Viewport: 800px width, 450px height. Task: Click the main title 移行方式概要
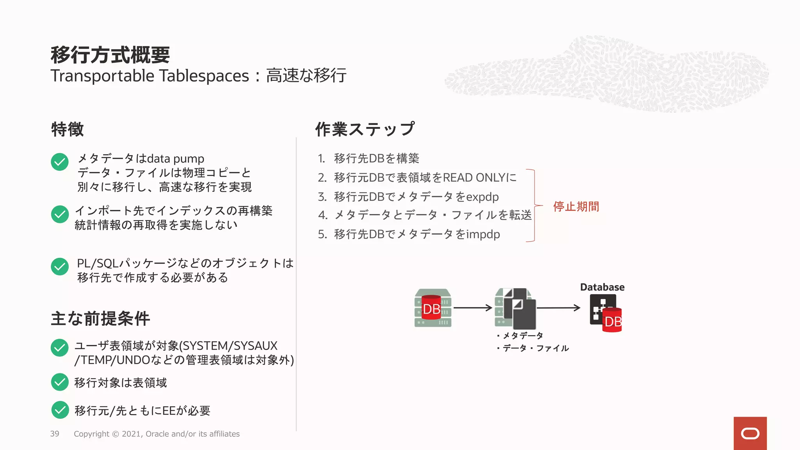pos(110,55)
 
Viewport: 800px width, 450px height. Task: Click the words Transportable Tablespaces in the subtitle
pos(150,76)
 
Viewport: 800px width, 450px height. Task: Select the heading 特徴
pos(67,129)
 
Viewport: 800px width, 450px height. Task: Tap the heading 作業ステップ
pos(365,129)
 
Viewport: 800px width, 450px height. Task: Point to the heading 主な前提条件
pos(100,318)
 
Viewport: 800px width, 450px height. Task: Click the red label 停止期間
pos(576,206)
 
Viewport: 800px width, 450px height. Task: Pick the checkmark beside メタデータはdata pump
pos(60,162)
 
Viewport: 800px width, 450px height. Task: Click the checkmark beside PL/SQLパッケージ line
pos(60,266)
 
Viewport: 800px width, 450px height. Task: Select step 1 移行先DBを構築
pos(376,158)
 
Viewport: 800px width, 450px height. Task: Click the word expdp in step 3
pos(482,196)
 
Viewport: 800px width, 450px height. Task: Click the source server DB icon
pos(433,308)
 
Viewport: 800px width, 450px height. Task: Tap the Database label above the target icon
pos(602,287)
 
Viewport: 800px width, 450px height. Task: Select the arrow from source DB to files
pos(472,308)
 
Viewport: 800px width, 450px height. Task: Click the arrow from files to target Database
pos(558,308)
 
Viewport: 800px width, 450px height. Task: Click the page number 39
pos(55,434)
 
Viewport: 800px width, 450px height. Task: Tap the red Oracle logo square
pos(750,433)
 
